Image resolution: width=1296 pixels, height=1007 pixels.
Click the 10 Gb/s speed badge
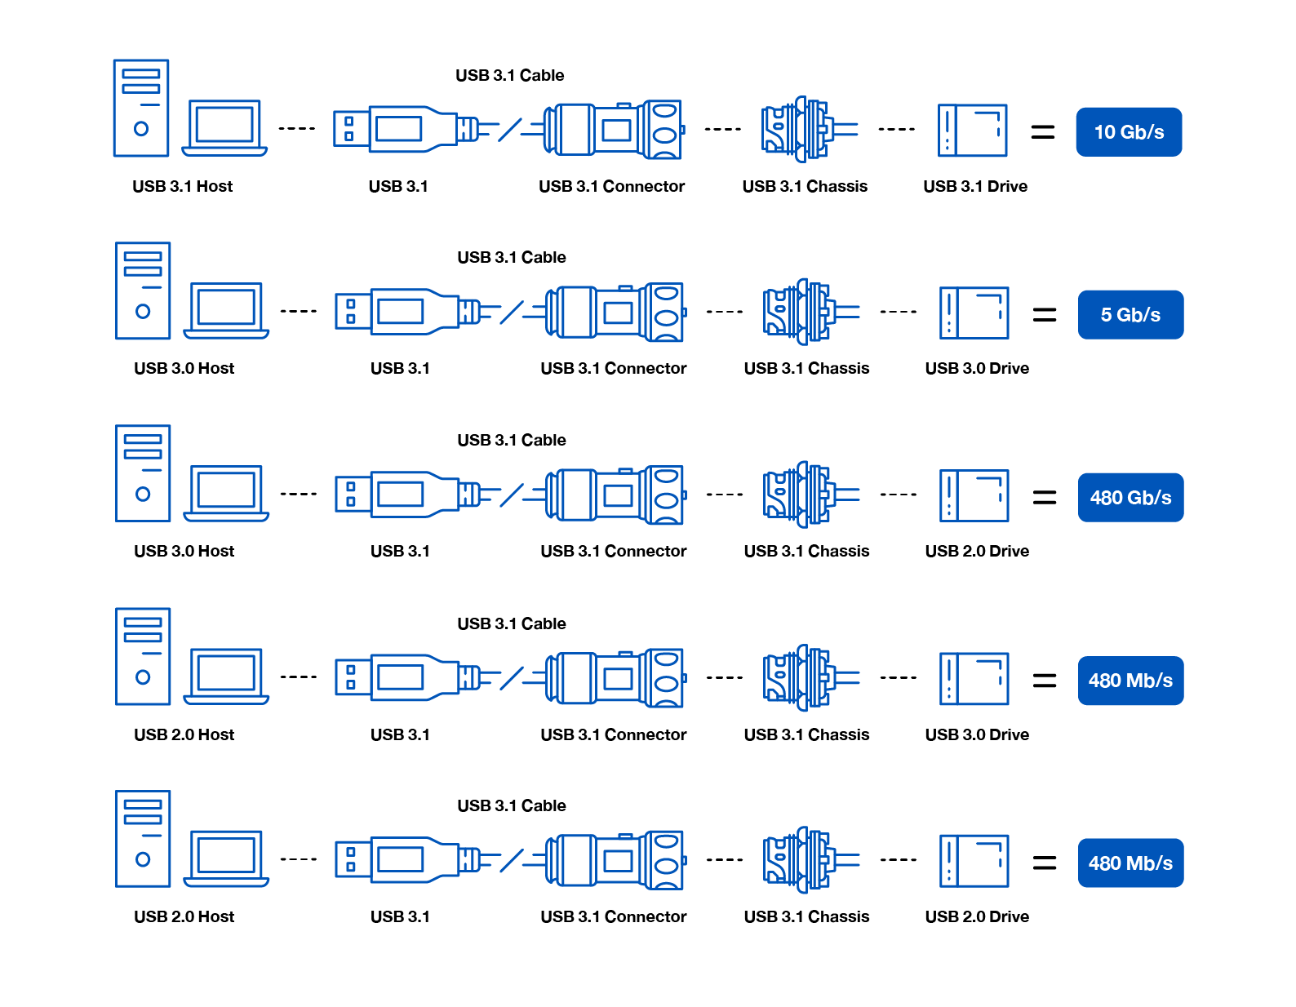[1129, 132]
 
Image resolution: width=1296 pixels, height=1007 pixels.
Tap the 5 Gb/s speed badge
[1130, 315]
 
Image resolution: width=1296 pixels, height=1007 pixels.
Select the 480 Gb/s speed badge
[1130, 498]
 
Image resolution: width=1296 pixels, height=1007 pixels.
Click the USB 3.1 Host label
[182, 186]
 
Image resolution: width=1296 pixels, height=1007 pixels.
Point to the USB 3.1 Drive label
[975, 186]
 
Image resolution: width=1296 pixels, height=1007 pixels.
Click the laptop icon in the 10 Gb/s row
[224, 128]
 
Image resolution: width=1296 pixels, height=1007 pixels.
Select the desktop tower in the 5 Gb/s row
[143, 291]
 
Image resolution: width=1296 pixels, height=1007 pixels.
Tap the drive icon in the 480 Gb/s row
[974, 495]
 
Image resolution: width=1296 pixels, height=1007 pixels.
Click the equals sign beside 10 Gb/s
[1043, 131]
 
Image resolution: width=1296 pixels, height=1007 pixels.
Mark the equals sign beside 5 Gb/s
[1045, 314]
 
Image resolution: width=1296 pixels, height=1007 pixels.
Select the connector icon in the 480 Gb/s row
[614, 495]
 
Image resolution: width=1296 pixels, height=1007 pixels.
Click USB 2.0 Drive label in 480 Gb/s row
[977, 551]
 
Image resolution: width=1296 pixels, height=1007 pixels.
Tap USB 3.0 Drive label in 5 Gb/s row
[977, 368]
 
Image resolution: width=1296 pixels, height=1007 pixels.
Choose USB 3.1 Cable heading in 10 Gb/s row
[509, 75]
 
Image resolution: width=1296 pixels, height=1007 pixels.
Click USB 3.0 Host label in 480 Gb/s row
[184, 551]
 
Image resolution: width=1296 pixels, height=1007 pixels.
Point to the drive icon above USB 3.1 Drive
[972, 130]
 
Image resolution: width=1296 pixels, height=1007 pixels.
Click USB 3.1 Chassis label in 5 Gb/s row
[806, 368]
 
